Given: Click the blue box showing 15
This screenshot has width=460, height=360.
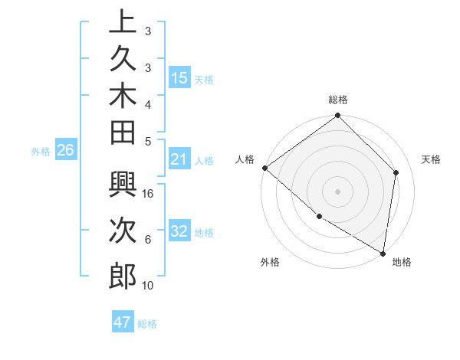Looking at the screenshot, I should pos(179,78).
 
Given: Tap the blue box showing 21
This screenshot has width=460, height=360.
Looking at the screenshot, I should pos(179,159).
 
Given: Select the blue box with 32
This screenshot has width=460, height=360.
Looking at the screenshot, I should pos(179,231).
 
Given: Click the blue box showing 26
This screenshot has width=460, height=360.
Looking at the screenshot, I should pos(65,150).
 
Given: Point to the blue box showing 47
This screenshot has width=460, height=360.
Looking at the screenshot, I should pos(122,322).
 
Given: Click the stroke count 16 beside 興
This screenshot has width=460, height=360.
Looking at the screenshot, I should pos(149,194).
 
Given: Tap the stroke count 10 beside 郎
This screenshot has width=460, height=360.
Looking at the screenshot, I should pos(149,286).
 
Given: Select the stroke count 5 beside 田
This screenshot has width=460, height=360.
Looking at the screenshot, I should pos(149,140).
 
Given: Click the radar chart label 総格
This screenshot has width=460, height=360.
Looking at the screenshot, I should pos(337,100).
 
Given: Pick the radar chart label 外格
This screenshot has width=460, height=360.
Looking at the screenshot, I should pos(270,262).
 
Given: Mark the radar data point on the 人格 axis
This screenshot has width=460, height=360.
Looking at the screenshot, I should pos(264,168).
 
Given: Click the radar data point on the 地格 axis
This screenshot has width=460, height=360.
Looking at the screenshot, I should pos(383,253).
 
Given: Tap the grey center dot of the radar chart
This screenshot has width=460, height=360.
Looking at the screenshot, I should pos(337,191).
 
